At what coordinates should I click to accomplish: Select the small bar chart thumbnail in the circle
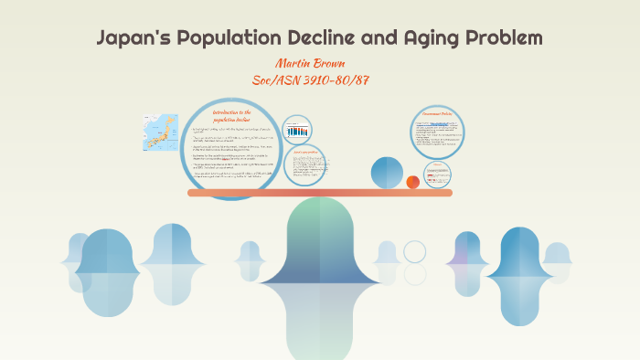click(296, 131)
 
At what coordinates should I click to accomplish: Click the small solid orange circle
click(413, 181)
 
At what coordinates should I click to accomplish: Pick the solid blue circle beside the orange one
click(387, 173)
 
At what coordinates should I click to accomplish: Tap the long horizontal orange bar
click(319, 193)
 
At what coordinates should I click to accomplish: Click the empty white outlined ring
click(415, 251)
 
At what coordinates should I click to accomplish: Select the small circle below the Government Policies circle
click(437, 171)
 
